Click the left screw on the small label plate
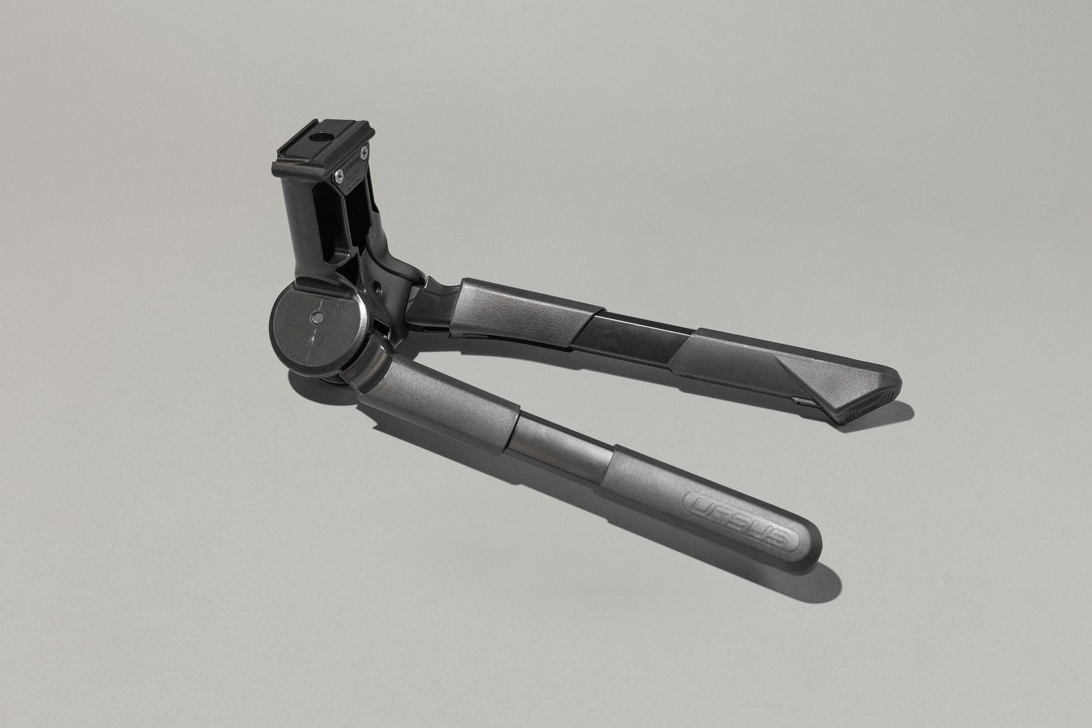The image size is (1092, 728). pos(336,177)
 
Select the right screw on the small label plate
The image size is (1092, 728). pos(364,154)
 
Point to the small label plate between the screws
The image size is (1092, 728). pos(351,166)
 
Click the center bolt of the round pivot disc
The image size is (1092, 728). pos(316,317)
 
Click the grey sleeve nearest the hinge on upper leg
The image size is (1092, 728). pos(519,307)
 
